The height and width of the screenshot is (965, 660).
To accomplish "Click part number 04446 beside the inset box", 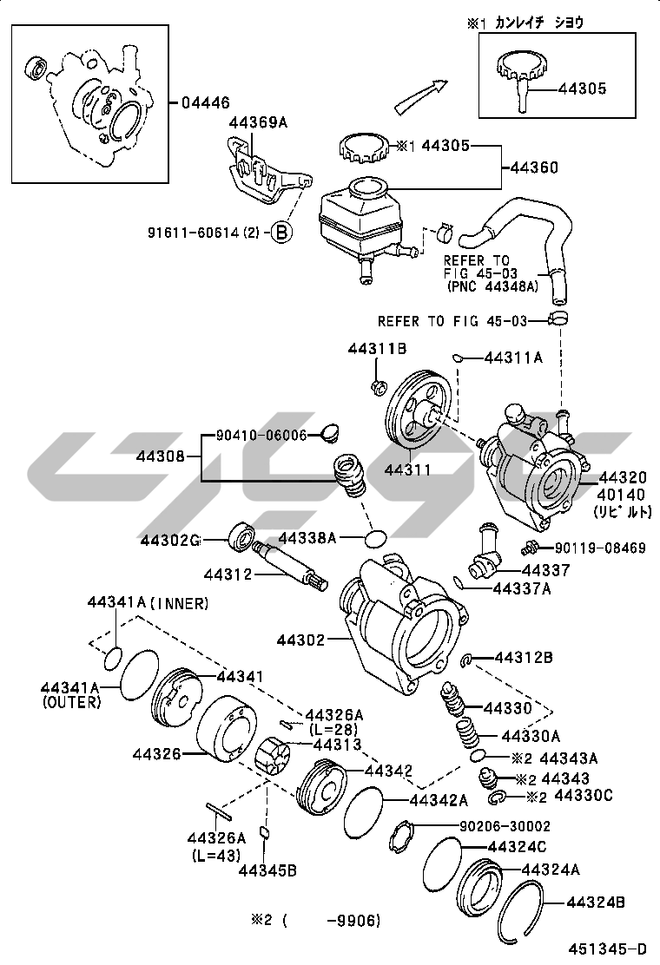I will [206, 102].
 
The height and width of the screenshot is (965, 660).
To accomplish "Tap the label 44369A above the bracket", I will [257, 122].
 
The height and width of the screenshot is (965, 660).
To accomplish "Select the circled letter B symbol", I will [282, 232].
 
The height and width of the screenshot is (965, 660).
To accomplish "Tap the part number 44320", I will [622, 478].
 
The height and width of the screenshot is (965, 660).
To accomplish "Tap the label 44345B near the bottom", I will [267, 870].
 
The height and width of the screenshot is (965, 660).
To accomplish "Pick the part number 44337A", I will [521, 588].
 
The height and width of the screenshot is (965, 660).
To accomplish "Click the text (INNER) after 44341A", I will [180, 603].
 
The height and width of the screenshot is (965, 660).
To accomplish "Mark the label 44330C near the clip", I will [583, 795].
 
